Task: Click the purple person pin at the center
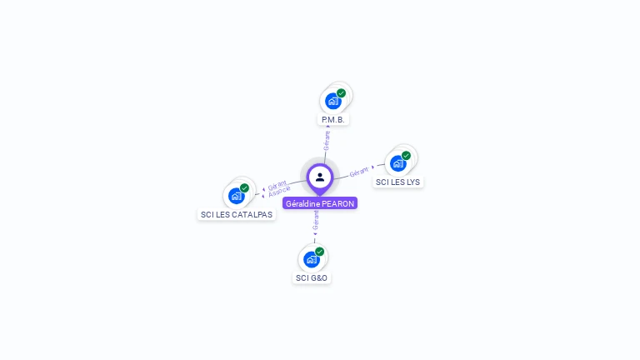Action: click(320, 177)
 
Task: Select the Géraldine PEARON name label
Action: click(320, 203)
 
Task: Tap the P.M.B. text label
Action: click(333, 120)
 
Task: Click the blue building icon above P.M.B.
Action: click(333, 102)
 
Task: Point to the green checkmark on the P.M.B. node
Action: click(341, 93)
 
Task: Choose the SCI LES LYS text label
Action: click(397, 182)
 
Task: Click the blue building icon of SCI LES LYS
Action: click(398, 163)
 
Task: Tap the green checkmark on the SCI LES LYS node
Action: click(406, 156)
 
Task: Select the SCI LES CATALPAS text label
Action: click(237, 215)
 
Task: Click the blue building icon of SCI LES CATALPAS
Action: click(237, 196)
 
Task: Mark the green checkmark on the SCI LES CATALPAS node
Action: click(244, 188)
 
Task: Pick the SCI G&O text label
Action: click(312, 277)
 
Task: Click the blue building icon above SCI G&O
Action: click(312, 259)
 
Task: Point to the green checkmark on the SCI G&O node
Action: click(319, 252)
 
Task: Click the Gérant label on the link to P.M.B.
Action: click(327, 139)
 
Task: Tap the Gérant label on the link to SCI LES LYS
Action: click(359, 172)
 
